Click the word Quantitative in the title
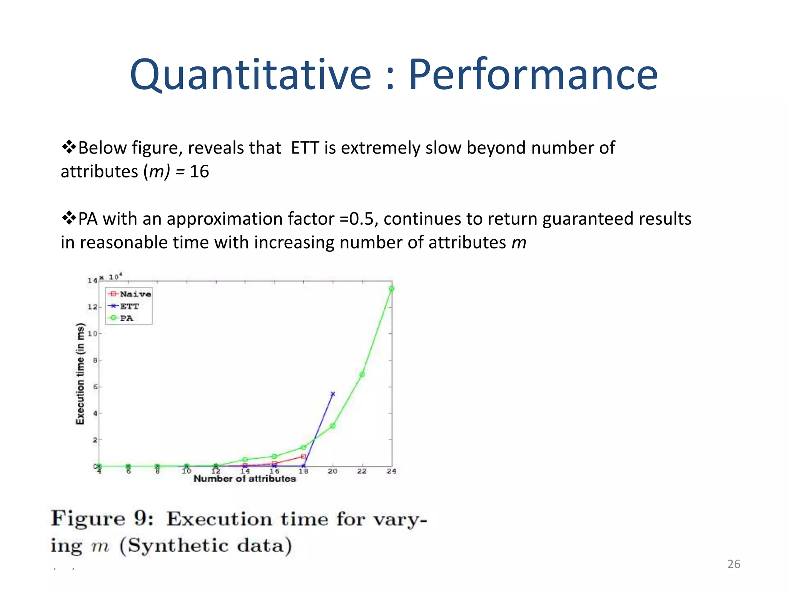click(x=250, y=75)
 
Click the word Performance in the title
click(x=533, y=75)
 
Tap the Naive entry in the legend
click(x=135, y=294)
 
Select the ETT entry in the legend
click(x=129, y=306)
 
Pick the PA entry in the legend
click(x=126, y=318)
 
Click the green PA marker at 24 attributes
click(x=391, y=289)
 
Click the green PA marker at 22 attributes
click(x=362, y=374)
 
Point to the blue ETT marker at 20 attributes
click(x=333, y=394)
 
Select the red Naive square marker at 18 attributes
click(x=304, y=456)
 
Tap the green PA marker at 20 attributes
click(x=333, y=426)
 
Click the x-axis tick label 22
click(x=362, y=471)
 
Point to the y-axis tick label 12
click(x=92, y=307)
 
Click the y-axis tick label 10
click(x=92, y=334)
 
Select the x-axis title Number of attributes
click(x=245, y=479)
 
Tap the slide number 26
click(x=734, y=564)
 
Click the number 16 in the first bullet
click(x=199, y=172)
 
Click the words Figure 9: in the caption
click(x=102, y=518)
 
